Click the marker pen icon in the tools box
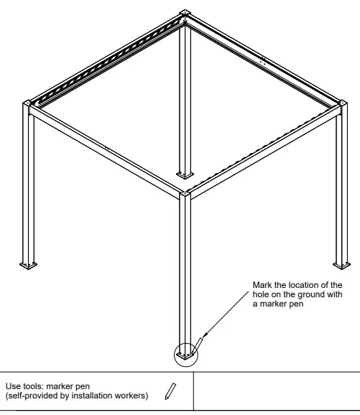170,391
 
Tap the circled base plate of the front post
185,354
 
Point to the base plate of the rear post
185,174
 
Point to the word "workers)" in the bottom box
131,396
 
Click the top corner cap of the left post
32,108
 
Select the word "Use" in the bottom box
14,386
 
